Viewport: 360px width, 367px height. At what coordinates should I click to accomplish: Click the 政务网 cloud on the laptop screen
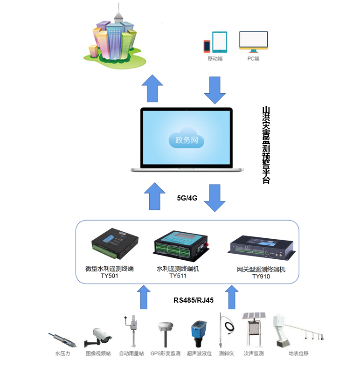[x=186, y=139]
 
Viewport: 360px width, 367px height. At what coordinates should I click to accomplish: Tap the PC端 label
[x=253, y=59]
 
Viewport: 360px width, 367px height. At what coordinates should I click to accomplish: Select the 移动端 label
[x=215, y=59]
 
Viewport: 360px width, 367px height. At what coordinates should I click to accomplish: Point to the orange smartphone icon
[x=207, y=46]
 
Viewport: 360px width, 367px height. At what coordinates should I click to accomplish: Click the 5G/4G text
[x=187, y=198]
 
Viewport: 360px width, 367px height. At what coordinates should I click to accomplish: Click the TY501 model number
[x=110, y=276]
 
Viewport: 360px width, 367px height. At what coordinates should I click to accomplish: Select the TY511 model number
[x=178, y=276]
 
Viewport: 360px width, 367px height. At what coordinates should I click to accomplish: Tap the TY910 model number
[x=261, y=276]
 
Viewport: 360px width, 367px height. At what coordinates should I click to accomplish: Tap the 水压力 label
[x=62, y=353]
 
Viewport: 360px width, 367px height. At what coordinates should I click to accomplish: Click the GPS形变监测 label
[x=165, y=353]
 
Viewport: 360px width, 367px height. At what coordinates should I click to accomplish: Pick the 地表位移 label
[x=298, y=353]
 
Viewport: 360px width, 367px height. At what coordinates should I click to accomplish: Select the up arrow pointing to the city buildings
[x=152, y=88]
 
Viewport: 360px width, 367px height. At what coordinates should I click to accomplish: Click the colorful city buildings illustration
[x=115, y=38]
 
